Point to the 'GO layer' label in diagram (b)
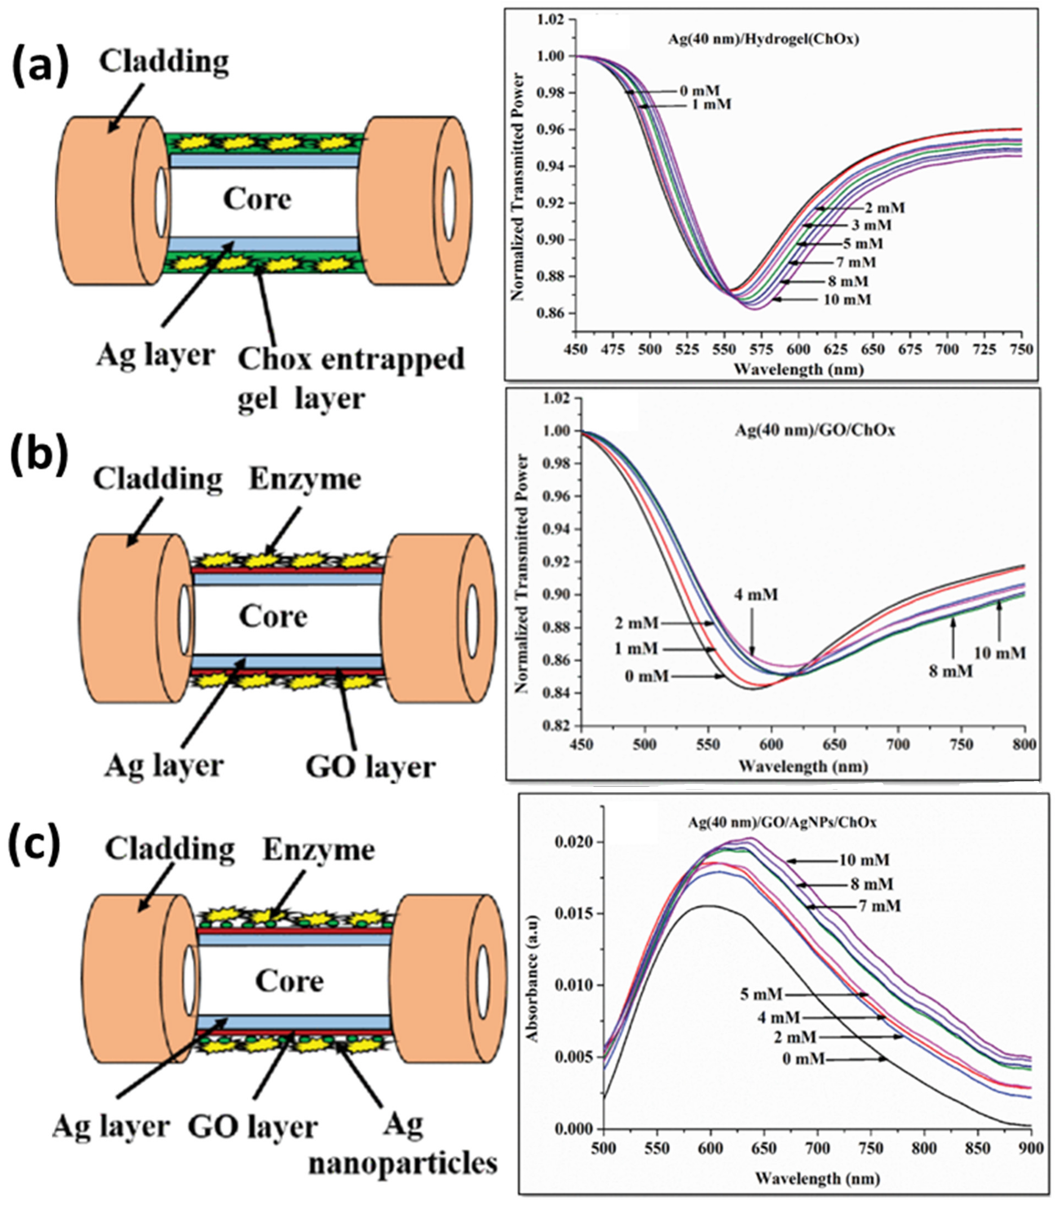[371, 767]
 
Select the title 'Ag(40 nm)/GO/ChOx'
[815, 430]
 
